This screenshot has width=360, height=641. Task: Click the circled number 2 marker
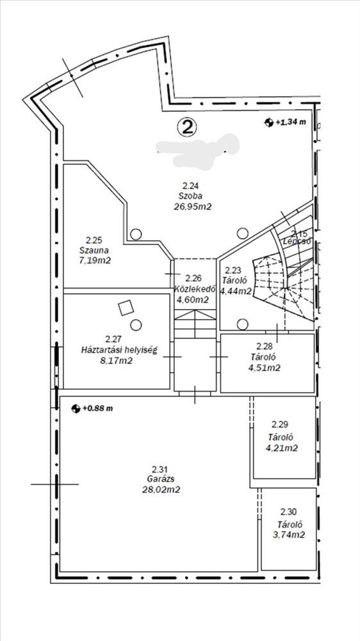[187, 127]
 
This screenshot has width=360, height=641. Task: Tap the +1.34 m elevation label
[291, 122]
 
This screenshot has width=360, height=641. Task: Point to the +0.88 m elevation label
[97, 408]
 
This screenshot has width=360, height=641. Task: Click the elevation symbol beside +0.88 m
[76, 408]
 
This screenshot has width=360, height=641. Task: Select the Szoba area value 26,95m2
[192, 206]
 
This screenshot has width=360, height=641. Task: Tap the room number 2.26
[193, 279]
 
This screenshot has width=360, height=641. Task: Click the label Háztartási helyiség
[119, 350]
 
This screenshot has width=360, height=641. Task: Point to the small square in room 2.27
[126, 308]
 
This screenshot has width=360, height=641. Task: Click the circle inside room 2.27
[136, 325]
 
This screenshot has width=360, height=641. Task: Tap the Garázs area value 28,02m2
[161, 489]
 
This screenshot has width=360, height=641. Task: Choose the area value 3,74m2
[288, 535]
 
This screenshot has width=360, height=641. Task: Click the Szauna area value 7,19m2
[95, 260]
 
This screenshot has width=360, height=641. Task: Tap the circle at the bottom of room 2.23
[243, 324]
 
